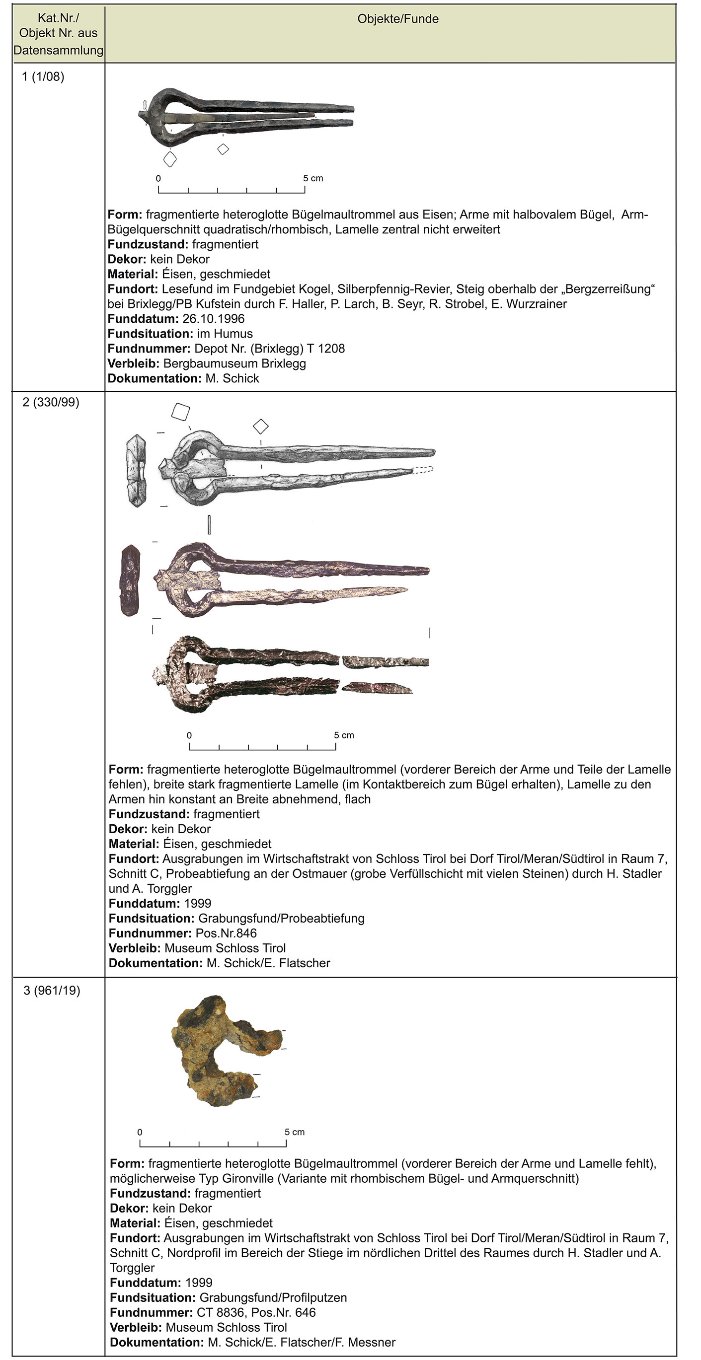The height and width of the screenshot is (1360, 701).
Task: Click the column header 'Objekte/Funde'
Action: pyautogui.click(x=398, y=19)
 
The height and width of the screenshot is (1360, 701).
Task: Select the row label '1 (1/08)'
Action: pyautogui.click(x=43, y=76)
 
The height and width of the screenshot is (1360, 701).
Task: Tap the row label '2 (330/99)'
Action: pyautogui.click(x=51, y=402)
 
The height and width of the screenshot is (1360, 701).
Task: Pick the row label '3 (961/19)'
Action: pyautogui.click(x=52, y=991)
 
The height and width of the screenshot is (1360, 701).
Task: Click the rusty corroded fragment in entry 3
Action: pyautogui.click(x=222, y=1051)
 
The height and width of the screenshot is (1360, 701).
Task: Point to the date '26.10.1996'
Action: pyautogui.click(x=214, y=319)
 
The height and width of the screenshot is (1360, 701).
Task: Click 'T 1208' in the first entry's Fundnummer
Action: pyautogui.click(x=331, y=349)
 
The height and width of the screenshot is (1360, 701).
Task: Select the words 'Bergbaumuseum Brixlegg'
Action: pyautogui.click(x=234, y=363)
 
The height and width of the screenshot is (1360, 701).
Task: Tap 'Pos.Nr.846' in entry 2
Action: pyautogui.click(x=226, y=933)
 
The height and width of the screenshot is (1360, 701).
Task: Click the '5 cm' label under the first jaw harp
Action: pyautogui.click(x=312, y=178)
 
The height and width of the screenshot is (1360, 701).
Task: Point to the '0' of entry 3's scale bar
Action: pyautogui.click(x=140, y=1132)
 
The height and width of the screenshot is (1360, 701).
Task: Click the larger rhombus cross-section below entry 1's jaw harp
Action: pyautogui.click(x=169, y=158)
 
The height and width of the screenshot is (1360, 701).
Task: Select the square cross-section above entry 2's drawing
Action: pyautogui.click(x=181, y=412)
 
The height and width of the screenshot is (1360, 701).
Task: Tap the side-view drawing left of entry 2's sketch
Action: pyautogui.click(x=136, y=470)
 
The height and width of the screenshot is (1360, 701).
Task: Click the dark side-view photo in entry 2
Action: pyautogui.click(x=130, y=580)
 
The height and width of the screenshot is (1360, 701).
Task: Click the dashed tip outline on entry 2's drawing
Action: pyautogui.click(x=423, y=469)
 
